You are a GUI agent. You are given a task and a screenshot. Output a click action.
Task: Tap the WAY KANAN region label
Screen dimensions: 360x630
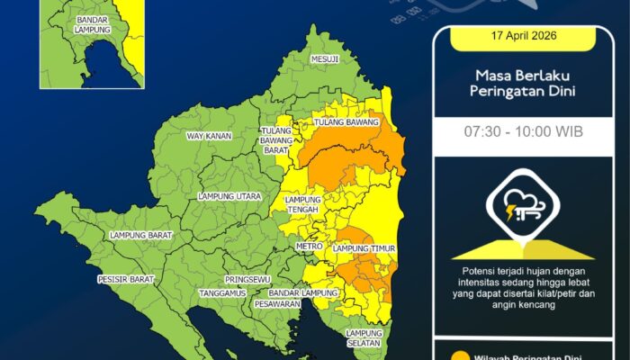point(209,136)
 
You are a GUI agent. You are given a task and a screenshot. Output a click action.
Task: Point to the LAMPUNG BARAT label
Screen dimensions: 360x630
point(139,235)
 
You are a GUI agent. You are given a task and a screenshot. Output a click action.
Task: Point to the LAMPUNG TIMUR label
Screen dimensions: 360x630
point(364,247)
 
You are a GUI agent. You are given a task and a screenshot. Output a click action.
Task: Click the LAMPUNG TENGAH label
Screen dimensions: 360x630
point(302,205)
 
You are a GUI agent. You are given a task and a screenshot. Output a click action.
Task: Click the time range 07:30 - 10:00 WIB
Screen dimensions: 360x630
point(523,131)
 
